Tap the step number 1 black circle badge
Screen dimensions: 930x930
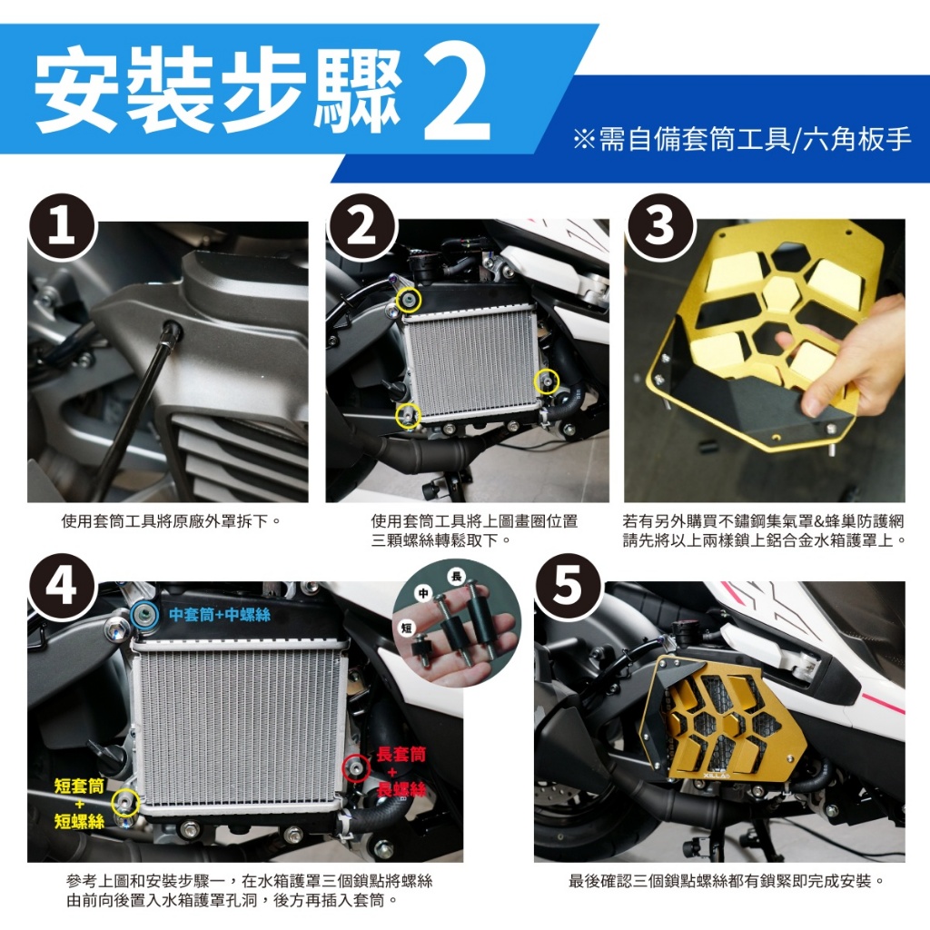pos(62,227)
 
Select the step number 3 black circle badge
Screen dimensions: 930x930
pos(658,227)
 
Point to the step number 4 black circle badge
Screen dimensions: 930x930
pos(62,588)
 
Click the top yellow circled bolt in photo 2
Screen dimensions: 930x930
pos(408,300)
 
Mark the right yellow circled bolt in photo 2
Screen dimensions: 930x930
pos(546,382)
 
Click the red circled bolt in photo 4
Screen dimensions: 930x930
pos(356,768)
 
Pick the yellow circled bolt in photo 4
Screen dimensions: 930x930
pos(125,803)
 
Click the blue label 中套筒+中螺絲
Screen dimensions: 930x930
pos(220,615)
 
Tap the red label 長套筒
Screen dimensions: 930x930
pos(401,755)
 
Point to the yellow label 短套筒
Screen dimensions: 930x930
pos(79,786)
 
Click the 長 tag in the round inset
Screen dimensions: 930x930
pos(456,576)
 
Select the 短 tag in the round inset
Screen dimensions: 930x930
pos(406,628)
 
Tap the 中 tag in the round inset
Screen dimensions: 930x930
pos(423,593)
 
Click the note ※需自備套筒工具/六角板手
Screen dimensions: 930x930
pos(741,139)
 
